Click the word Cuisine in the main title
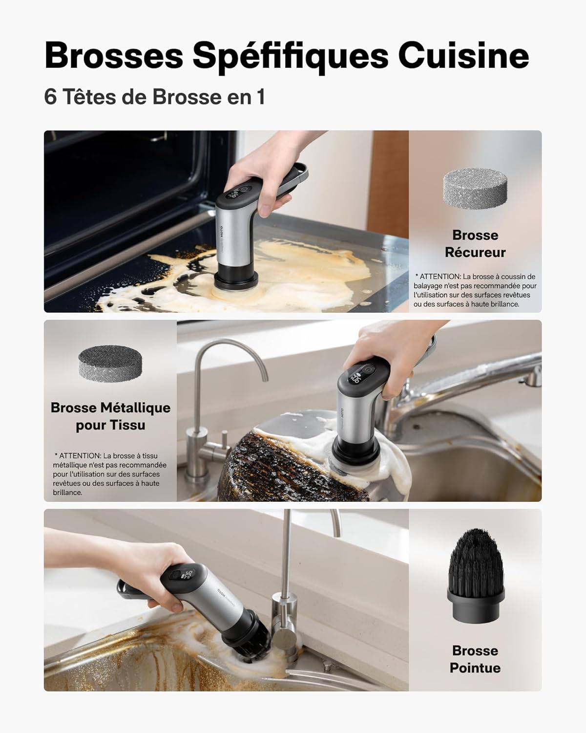tap(463, 56)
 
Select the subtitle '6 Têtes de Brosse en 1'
tap(154, 97)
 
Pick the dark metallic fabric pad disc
tap(110, 361)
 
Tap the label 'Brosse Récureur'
tap(475, 243)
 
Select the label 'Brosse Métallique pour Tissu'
tap(110, 416)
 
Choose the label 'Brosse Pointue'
tap(475, 659)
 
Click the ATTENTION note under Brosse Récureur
tap(475, 290)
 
